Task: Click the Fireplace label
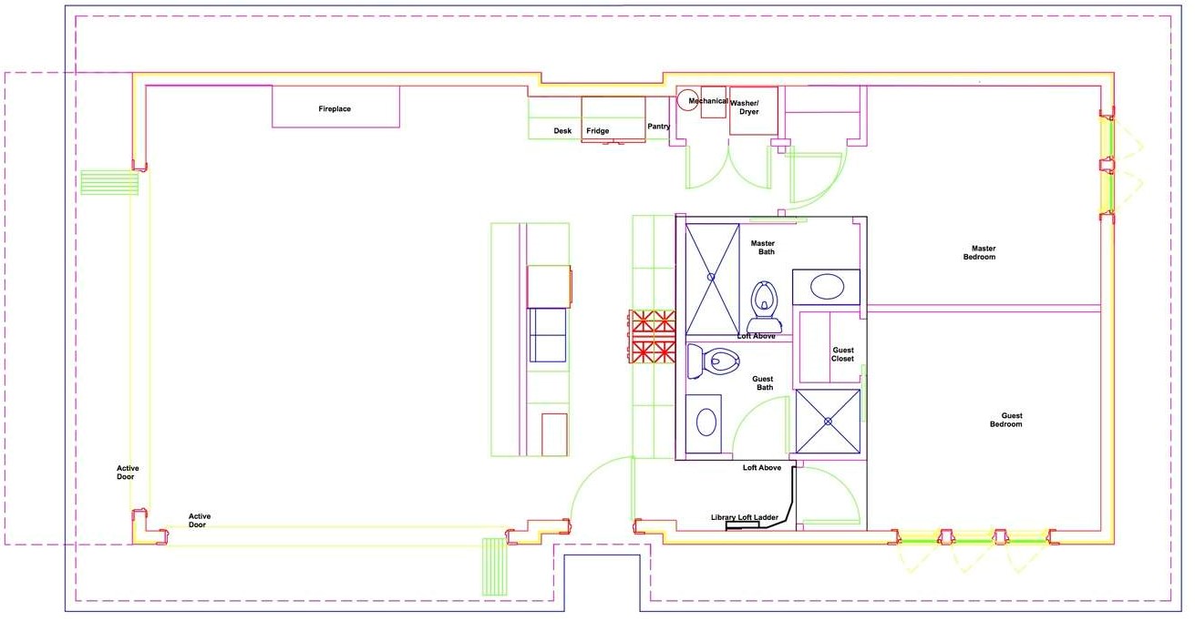pyautogui.click(x=335, y=108)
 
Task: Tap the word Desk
pyautogui.click(x=562, y=130)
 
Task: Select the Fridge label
pyautogui.click(x=598, y=130)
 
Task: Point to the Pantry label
pyautogui.click(x=659, y=127)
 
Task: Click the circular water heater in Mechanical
pyautogui.click(x=687, y=99)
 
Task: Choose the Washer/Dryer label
pyautogui.click(x=745, y=107)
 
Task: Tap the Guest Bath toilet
pyautogui.click(x=714, y=361)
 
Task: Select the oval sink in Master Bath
pyautogui.click(x=827, y=287)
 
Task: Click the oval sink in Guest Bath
pyautogui.click(x=706, y=423)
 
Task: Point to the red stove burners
pyautogui.click(x=652, y=337)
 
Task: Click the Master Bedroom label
pyautogui.click(x=980, y=252)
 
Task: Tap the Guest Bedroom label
pyautogui.click(x=1006, y=420)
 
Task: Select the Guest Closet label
pyautogui.click(x=843, y=354)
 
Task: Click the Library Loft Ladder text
pyautogui.click(x=745, y=517)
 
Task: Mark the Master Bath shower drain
pyautogui.click(x=711, y=277)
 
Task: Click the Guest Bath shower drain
pyautogui.click(x=828, y=422)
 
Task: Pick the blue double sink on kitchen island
pyautogui.click(x=547, y=335)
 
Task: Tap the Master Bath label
pyautogui.click(x=764, y=248)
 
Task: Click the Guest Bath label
pyautogui.click(x=764, y=383)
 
